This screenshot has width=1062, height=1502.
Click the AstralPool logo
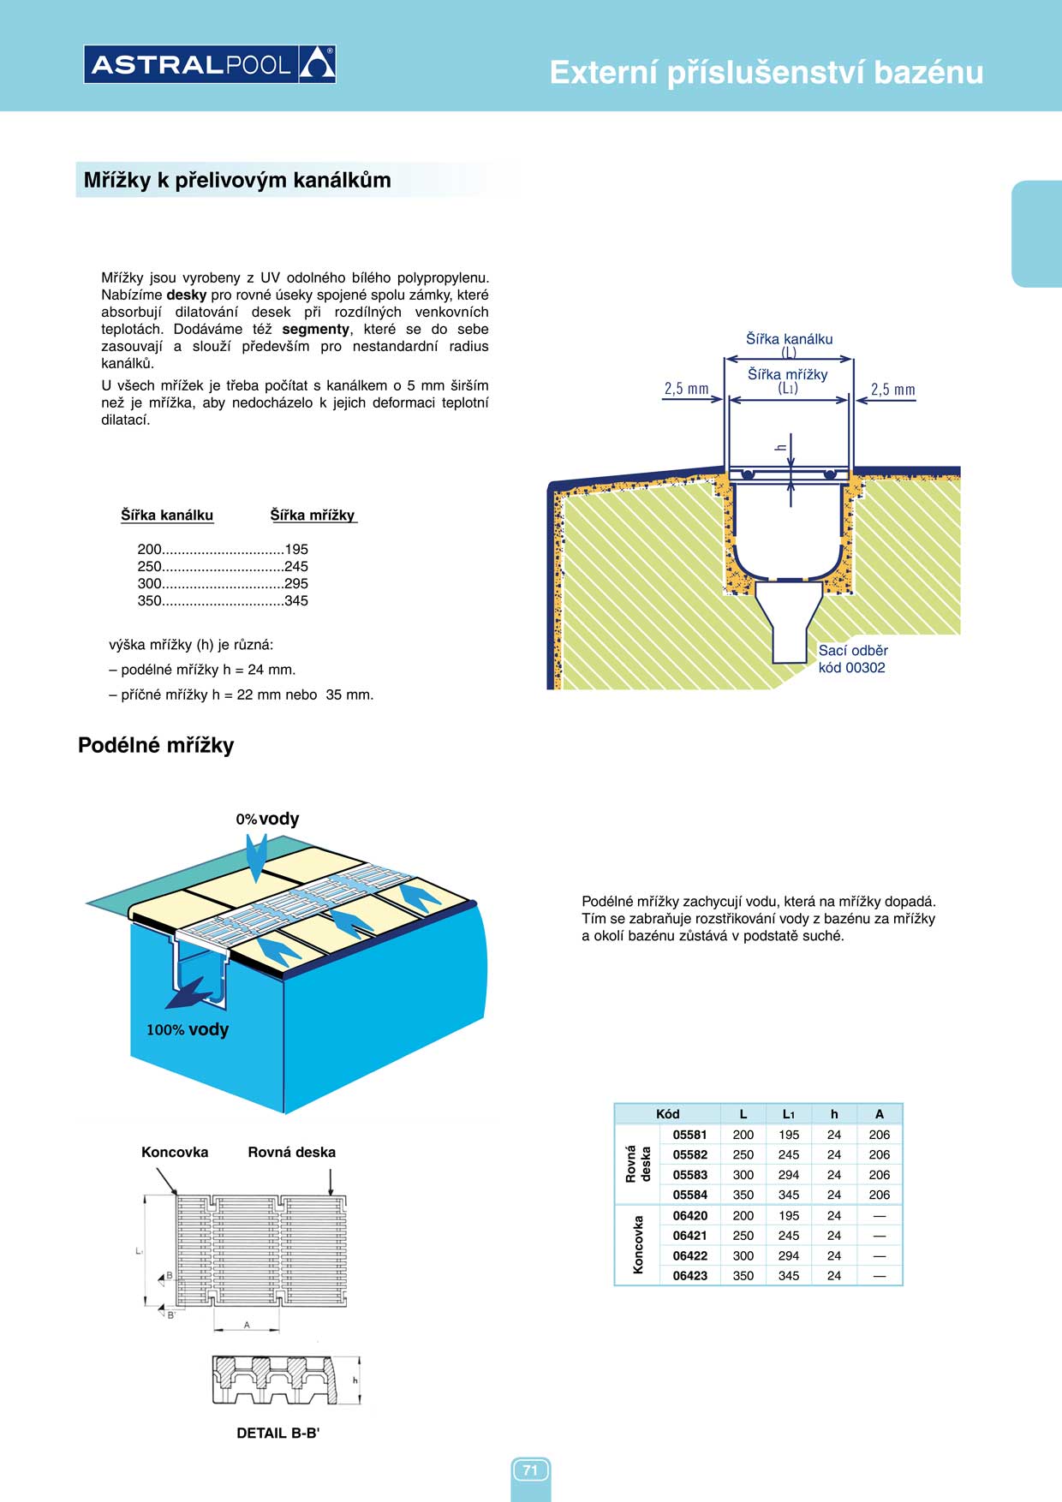pyautogui.click(x=210, y=64)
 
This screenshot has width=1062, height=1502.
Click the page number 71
pyautogui.click(x=530, y=1470)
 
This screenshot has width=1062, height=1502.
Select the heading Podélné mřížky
pyautogui.click(x=156, y=745)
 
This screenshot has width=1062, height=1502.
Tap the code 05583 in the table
pyautogui.click(x=689, y=1175)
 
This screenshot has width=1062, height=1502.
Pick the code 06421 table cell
pyautogui.click(x=689, y=1236)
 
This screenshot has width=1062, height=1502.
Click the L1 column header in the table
pyautogui.click(x=789, y=1114)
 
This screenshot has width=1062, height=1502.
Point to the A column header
pyautogui.click(x=879, y=1114)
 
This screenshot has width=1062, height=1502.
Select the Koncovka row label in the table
pyautogui.click(x=638, y=1245)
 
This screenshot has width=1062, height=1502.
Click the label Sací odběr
pyautogui.click(x=853, y=651)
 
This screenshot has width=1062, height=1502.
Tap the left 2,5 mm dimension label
pyautogui.click(x=686, y=389)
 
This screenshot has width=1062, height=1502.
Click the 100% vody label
pyautogui.click(x=188, y=1029)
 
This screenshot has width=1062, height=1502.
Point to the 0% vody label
pyautogui.click(x=268, y=819)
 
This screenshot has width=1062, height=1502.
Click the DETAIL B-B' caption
pyautogui.click(x=278, y=1433)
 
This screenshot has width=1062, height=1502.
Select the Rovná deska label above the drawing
pyautogui.click(x=291, y=1152)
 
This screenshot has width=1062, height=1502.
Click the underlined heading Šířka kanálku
pyautogui.click(x=167, y=515)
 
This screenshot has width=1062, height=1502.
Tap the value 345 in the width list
pyautogui.click(x=296, y=600)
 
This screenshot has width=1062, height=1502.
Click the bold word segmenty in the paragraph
pyautogui.click(x=315, y=329)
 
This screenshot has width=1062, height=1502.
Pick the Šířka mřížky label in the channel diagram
pyautogui.click(x=788, y=374)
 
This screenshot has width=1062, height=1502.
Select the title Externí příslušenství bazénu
pyautogui.click(x=766, y=72)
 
